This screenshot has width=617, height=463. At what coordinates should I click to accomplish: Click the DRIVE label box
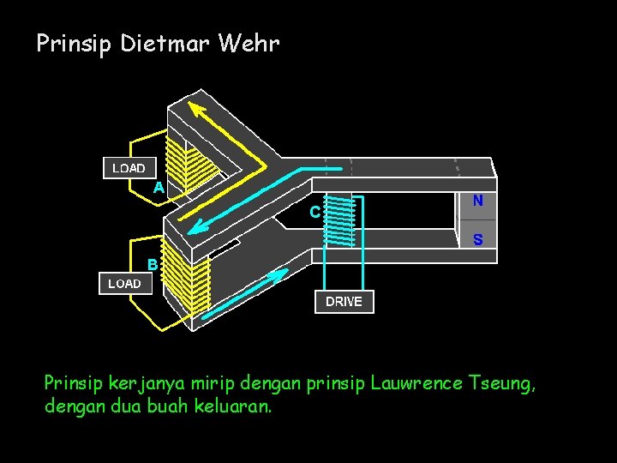[x=344, y=302]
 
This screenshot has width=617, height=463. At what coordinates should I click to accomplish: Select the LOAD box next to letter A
[x=129, y=168]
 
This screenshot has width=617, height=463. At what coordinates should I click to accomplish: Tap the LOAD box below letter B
[x=125, y=283]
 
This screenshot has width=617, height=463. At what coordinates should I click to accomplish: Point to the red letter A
[x=159, y=187]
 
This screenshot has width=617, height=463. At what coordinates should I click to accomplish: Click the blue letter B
[x=152, y=264]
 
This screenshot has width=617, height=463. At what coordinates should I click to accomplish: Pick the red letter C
[x=315, y=211]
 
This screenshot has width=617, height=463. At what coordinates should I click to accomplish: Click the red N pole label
[x=477, y=200]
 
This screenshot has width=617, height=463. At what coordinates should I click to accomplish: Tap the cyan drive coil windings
[x=340, y=221]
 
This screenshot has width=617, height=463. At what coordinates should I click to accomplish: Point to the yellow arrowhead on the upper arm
[x=198, y=109]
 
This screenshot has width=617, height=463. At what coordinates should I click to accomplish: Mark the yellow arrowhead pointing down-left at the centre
[x=198, y=226]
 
